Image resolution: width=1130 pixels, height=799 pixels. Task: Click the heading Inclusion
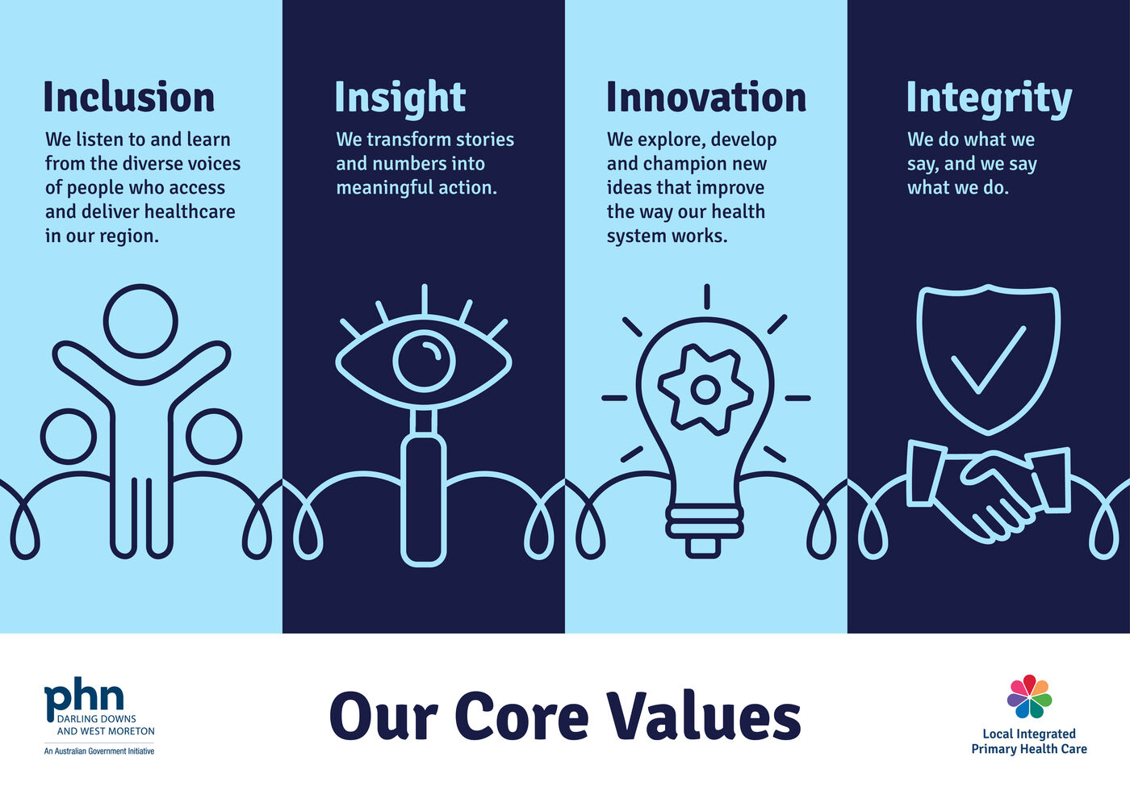click(x=129, y=97)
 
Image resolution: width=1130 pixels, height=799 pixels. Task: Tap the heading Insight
click(x=400, y=98)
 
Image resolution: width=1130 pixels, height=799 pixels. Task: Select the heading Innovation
click(x=706, y=97)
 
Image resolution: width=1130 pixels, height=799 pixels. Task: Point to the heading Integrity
click(x=989, y=98)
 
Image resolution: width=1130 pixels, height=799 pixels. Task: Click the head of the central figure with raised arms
click(x=140, y=320)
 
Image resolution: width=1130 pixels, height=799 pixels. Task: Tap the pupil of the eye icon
click(x=425, y=360)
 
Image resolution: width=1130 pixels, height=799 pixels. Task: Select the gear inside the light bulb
click(x=705, y=390)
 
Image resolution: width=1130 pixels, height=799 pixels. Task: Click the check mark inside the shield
click(x=988, y=359)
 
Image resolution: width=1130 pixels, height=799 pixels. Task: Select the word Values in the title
click(x=703, y=717)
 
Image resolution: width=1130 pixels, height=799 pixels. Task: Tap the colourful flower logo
click(x=1029, y=697)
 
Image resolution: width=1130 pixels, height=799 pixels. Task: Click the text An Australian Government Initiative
click(x=99, y=751)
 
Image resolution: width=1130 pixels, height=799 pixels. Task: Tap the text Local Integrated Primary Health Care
click(x=1029, y=742)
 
